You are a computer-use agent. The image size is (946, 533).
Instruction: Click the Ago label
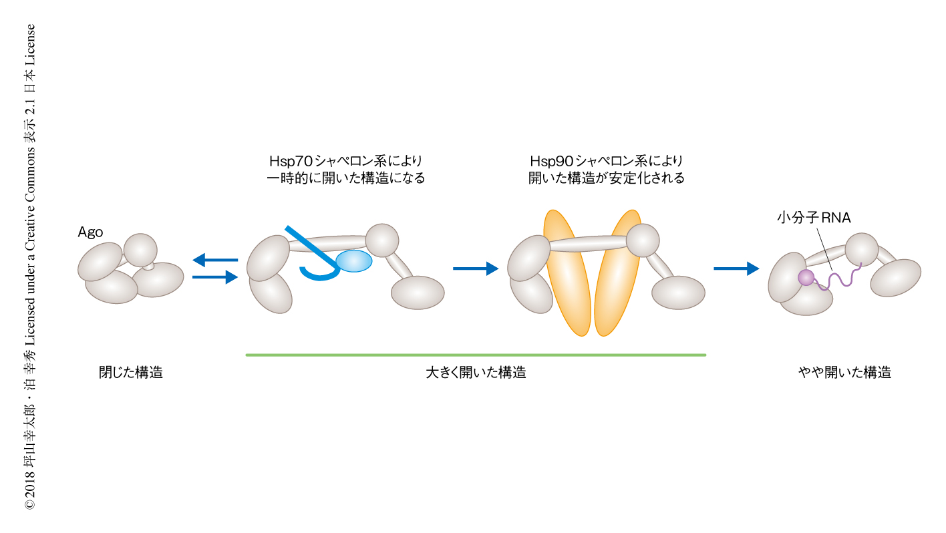(x=90, y=232)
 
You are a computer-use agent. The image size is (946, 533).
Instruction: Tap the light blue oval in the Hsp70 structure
(x=353, y=261)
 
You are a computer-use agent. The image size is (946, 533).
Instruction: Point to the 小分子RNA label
(x=814, y=218)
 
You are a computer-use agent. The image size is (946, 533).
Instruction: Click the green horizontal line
(x=476, y=355)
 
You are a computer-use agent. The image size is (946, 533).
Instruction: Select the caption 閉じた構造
(x=131, y=373)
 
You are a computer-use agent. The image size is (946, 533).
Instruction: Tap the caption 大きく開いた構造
(x=476, y=373)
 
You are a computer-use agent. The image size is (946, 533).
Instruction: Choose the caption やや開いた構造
(x=844, y=373)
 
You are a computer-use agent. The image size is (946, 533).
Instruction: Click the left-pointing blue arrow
(x=214, y=259)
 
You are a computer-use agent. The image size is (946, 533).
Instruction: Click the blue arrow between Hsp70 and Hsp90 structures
(x=476, y=269)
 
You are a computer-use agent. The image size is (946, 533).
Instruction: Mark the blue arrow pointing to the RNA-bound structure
(x=736, y=269)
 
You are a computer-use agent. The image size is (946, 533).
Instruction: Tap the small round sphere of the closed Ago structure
(x=140, y=250)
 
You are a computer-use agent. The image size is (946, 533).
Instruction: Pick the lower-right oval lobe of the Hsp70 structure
(x=418, y=293)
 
